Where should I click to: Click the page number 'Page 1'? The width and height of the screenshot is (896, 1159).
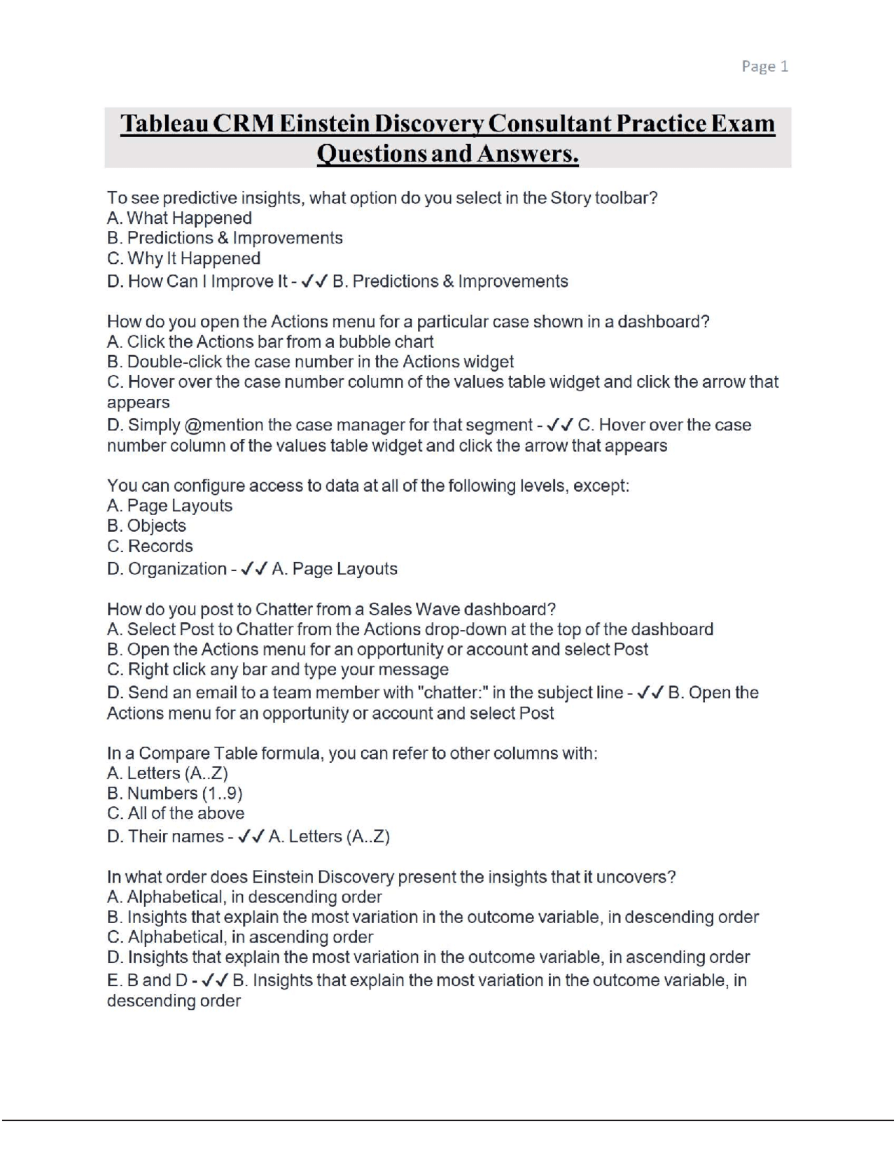point(764,66)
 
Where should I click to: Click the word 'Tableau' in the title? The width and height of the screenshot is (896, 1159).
point(162,124)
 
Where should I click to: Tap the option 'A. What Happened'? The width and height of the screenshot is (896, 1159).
point(179,218)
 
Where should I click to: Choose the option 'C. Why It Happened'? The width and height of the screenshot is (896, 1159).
point(183,258)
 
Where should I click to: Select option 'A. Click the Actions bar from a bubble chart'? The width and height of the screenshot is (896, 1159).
point(270,342)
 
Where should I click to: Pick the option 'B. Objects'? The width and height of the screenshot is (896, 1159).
point(146,526)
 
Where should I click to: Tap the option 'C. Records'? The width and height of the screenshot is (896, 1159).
point(150,547)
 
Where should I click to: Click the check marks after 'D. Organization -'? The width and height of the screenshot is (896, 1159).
point(253,569)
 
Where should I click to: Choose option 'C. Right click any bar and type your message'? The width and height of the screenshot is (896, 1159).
point(277,670)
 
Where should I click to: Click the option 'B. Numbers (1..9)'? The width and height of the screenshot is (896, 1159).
point(174,794)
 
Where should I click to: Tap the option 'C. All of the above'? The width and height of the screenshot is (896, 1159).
point(176,813)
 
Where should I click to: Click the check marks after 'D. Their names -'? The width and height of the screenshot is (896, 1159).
point(251,836)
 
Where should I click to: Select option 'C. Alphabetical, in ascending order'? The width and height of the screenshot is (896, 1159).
point(240,937)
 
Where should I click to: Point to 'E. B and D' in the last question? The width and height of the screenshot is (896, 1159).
point(147,981)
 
